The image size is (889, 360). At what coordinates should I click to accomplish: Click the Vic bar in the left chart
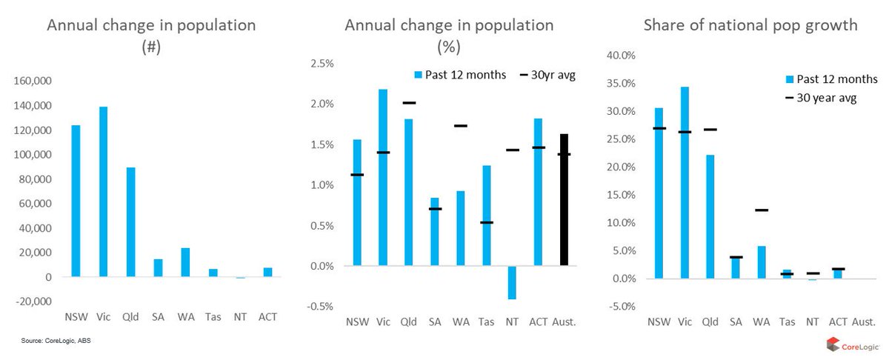tap(102, 192)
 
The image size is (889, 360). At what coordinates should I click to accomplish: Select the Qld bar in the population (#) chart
tap(130, 222)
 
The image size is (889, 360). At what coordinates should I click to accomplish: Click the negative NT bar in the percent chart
tap(510, 282)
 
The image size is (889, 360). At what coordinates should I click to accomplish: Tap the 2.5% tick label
tap(321, 63)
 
